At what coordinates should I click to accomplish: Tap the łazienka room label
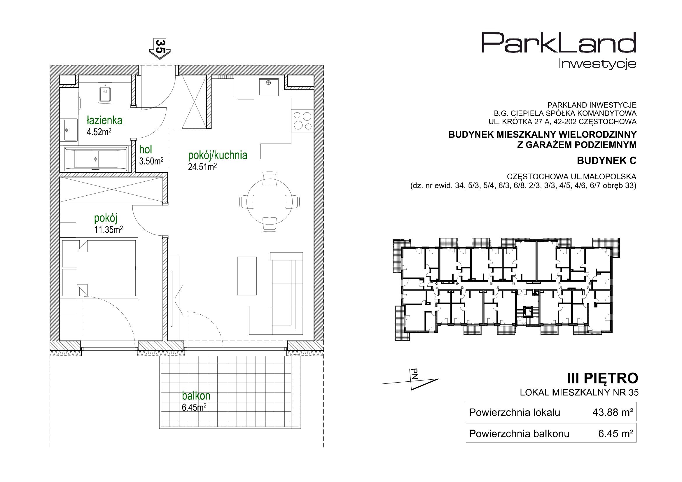104,121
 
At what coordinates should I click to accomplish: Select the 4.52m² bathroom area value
99,132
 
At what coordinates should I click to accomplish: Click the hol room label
146,149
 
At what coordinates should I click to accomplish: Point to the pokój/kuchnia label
217,155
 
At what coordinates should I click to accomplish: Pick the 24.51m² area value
202,167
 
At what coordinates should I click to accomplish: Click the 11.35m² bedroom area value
109,229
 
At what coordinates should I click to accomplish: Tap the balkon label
196,396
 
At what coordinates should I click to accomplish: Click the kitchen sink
269,87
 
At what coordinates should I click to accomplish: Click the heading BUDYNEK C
606,161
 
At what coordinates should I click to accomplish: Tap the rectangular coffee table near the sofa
247,276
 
